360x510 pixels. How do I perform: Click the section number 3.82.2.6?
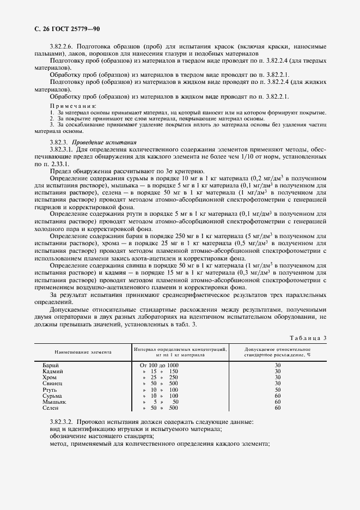63,46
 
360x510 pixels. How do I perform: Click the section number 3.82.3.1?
62,149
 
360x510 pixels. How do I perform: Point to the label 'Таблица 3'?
308,338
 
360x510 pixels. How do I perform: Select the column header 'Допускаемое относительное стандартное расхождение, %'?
277,351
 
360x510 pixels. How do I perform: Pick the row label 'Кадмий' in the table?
53,371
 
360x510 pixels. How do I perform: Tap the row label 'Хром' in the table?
50,377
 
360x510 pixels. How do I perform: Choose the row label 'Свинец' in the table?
53,384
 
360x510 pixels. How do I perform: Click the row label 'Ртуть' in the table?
51,390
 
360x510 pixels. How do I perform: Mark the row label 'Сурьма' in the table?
52,396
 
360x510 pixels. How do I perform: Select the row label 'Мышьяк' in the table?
54,402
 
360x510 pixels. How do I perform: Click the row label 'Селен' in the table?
51,408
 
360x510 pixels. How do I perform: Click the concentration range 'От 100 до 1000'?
159,365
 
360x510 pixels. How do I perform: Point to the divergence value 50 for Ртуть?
277,390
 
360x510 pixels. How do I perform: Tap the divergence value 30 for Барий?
277,365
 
